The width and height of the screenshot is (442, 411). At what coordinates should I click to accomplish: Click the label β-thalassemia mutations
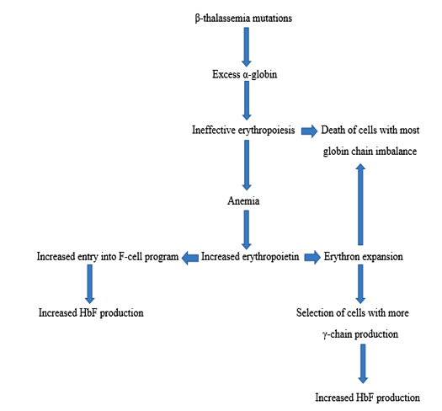tap(243, 19)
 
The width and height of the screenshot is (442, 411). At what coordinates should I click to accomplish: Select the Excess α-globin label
tap(244, 74)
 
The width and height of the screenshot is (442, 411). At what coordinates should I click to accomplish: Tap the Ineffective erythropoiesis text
tap(243, 131)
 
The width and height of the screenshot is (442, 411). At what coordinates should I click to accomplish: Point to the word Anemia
tap(243, 200)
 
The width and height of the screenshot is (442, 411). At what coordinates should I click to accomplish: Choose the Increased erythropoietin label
tap(250, 257)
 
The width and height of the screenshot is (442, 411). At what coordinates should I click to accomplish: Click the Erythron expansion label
tap(363, 257)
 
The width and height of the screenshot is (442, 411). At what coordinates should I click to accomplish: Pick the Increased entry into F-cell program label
tap(108, 257)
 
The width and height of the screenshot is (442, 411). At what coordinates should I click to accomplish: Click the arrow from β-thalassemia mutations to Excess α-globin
tap(247, 47)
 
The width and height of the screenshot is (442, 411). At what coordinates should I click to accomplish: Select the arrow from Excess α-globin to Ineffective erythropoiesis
tap(247, 100)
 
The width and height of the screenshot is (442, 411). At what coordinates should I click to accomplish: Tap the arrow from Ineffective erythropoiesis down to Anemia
tap(247, 165)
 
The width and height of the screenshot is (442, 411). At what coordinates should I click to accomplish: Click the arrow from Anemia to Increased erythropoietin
tap(247, 230)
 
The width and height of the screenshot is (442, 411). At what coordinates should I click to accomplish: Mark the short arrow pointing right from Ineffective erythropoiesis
tap(309, 131)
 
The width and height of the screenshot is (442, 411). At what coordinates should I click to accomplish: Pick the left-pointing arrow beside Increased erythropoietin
tap(190, 258)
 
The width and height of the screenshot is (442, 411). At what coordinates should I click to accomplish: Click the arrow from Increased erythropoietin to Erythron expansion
tap(312, 257)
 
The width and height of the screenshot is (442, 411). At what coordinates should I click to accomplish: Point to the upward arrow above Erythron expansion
tap(360, 204)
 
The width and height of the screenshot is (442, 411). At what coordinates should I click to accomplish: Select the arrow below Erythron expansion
tap(360, 284)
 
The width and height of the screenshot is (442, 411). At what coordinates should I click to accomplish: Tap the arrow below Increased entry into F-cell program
tap(89, 284)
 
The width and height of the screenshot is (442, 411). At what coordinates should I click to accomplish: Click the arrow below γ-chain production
tap(363, 364)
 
